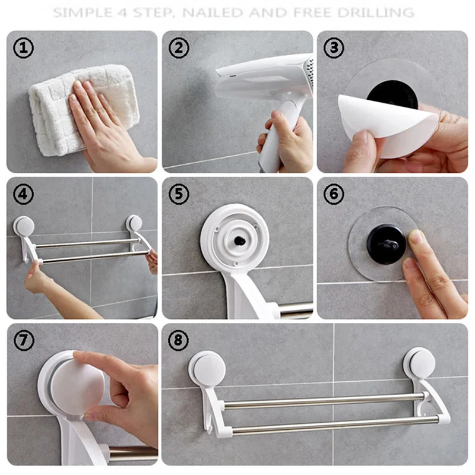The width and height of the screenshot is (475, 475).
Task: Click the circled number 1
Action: tap(23, 48)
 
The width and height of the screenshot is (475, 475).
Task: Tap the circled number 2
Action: tap(179, 48)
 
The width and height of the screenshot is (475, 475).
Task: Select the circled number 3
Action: tap(334, 48)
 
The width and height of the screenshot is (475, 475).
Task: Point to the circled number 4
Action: tap(23, 194)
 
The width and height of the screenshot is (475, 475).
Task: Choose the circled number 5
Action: tap(179, 194)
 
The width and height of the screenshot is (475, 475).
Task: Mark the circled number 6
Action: tap(334, 194)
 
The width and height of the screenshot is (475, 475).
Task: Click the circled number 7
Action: tap(24, 340)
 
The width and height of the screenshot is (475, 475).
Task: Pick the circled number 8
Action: tap(178, 340)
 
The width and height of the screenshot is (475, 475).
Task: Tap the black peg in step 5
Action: tap(240, 241)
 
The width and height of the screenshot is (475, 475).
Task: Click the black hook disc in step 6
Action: tap(385, 244)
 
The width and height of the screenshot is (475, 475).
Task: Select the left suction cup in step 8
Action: tap(207, 369)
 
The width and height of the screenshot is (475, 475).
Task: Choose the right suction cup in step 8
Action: tap(419, 363)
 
